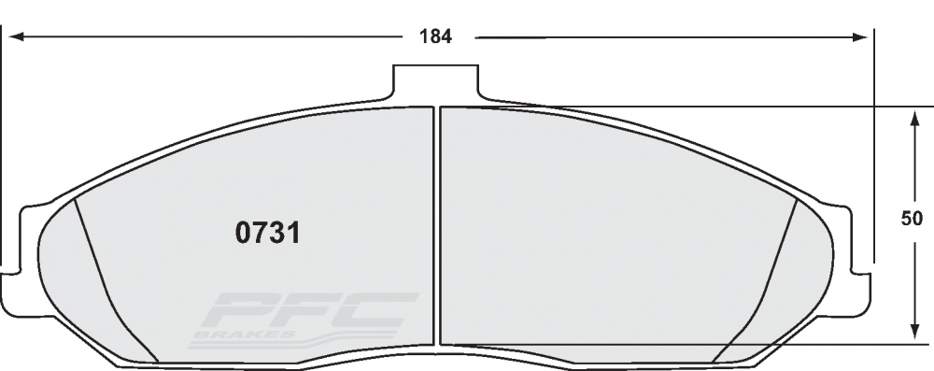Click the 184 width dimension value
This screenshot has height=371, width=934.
(435, 37)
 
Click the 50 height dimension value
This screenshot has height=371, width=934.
(912, 219)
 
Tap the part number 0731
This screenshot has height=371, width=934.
(267, 233)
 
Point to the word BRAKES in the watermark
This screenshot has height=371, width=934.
(245, 335)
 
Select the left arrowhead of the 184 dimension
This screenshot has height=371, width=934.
(17, 37)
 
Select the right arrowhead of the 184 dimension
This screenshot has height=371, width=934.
(860, 37)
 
